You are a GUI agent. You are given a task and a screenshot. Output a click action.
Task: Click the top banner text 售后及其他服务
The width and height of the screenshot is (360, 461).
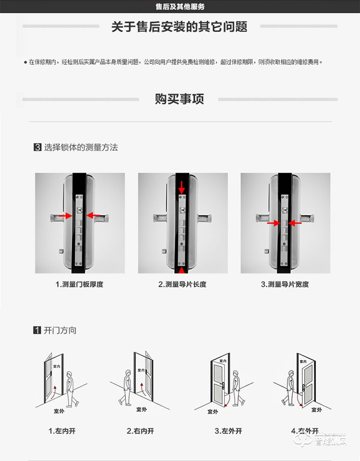180,7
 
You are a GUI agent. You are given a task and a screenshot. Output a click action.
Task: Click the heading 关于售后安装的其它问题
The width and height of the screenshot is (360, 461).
180,26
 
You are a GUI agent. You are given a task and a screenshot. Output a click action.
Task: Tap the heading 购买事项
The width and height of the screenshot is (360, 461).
180,99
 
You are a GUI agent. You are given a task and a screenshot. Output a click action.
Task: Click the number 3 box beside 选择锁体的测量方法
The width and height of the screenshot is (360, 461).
37,148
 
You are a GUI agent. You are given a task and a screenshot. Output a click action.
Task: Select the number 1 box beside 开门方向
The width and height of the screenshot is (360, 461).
37,331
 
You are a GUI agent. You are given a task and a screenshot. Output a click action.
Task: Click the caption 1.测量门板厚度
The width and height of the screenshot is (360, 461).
80,284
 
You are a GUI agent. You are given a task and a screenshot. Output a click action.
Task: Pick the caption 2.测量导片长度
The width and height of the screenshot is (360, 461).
182,284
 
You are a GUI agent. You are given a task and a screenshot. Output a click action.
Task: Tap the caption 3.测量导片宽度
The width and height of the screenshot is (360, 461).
285,284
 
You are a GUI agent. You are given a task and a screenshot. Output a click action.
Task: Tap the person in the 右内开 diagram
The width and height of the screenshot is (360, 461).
127,386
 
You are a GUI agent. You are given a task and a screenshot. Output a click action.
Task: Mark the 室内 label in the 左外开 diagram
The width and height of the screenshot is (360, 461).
223,361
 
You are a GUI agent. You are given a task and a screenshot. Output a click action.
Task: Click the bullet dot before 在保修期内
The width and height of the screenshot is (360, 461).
25,62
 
